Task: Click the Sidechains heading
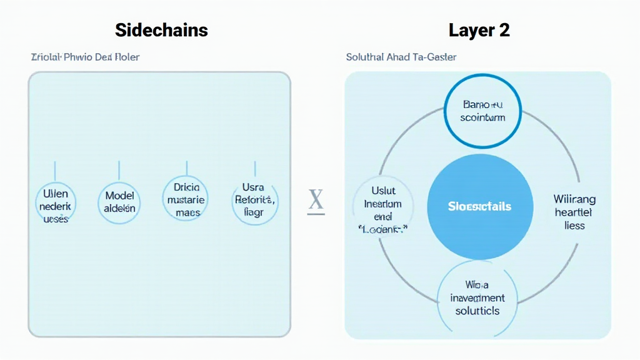coord(161,29)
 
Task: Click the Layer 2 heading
coord(479,29)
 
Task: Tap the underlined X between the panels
coord(316,201)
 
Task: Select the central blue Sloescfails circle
coord(480,206)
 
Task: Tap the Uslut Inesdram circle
coord(382,209)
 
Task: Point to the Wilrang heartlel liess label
coord(574,212)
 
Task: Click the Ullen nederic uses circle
coord(55,202)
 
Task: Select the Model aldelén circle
coord(119,202)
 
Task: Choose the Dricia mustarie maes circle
coord(186,199)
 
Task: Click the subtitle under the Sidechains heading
coord(85,57)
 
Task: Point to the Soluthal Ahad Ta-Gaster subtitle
coord(401,57)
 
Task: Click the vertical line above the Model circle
coord(119,170)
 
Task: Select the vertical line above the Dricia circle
coord(186,167)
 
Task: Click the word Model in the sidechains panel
coord(119,196)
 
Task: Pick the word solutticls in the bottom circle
coord(477,311)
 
